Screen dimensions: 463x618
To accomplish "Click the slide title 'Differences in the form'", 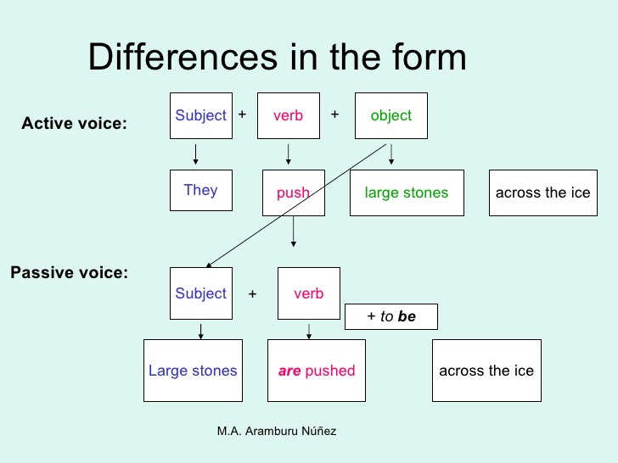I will click(x=277, y=57).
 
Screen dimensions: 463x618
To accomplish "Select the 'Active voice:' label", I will click(x=74, y=124).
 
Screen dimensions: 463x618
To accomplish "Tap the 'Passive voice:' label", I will click(x=69, y=273).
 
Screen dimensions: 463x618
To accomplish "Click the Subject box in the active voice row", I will click(x=201, y=115).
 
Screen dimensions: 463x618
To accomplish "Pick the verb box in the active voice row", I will click(x=288, y=115).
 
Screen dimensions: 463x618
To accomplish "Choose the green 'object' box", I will click(x=390, y=115).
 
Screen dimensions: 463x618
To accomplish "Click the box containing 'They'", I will click(x=201, y=190).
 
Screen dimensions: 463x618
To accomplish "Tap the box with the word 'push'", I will click(x=293, y=192).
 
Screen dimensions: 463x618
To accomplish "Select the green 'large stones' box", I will click(x=407, y=192).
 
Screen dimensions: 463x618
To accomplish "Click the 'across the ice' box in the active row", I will click(x=542, y=192).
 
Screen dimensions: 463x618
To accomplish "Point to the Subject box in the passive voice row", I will click(x=201, y=293).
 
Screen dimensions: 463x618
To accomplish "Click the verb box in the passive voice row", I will click(x=308, y=293).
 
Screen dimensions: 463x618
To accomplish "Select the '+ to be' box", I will click(x=391, y=316).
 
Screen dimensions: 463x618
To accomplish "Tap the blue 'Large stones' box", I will click(x=193, y=371).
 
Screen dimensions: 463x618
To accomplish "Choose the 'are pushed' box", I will click(x=317, y=371).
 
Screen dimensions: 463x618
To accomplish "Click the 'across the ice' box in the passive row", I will click(x=486, y=371).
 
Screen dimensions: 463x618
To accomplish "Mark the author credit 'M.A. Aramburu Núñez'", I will click(x=277, y=431).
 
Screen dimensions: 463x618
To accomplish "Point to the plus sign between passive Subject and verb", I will click(x=252, y=294).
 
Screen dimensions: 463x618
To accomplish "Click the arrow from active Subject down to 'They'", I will click(x=196, y=154).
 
